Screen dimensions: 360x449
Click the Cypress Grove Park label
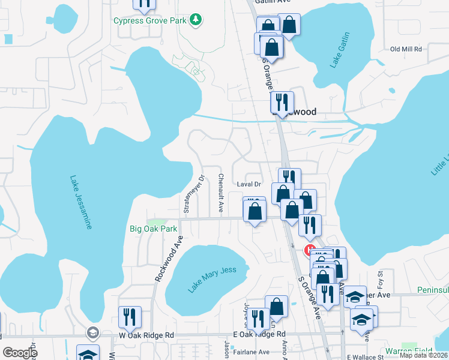coord(149,21)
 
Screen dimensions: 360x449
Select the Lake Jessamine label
coord(80,202)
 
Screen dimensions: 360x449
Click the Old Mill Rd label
coord(406,49)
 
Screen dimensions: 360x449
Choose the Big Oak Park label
coord(154,229)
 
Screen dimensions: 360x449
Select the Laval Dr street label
coord(249,184)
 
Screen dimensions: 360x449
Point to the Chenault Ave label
coord(221,193)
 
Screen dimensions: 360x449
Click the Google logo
coord(20,353)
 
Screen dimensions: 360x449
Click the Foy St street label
coord(380,278)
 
